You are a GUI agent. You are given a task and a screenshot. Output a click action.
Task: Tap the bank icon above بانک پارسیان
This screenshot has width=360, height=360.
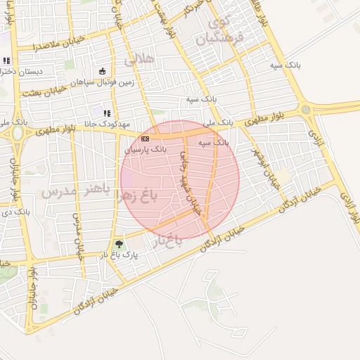pyautogui.click(x=145, y=139)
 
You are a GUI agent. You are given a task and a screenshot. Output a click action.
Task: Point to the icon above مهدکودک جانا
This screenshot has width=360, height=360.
pyautogui.click(x=107, y=113)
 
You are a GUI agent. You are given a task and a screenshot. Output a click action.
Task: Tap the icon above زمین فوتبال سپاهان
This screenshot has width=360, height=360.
pyautogui.click(x=103, y=70)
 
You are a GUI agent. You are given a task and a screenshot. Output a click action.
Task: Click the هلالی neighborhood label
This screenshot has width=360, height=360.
pyautogui.click(x=139, y=60)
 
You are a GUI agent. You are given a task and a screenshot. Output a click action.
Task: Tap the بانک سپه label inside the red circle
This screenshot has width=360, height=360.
pyautogui.click(x=213, y=142)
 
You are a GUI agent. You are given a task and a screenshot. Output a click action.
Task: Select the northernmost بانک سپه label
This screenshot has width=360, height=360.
pyautogui.click(x=284, y=64)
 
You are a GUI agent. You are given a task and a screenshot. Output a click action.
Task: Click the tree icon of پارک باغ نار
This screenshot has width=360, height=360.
pyautogui.click(x=118, y=245)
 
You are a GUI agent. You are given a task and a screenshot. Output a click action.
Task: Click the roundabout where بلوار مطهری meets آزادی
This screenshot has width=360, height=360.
pyautogui.click(x=305, y=109)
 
